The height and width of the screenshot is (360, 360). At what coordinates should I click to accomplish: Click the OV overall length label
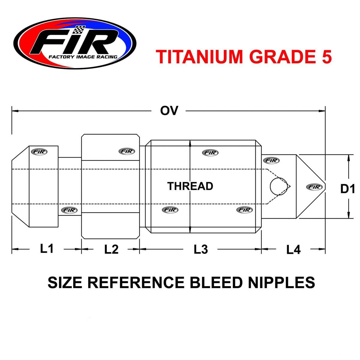169,111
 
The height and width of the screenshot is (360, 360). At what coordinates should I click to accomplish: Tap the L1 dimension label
47,248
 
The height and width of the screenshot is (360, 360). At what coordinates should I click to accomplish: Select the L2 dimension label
111,249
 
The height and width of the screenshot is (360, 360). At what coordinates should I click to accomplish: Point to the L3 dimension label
201,249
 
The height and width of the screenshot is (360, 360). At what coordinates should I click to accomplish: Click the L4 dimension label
293,249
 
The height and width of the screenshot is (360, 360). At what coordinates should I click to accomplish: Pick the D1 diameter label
347,189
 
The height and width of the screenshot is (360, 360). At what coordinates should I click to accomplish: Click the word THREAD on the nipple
190,186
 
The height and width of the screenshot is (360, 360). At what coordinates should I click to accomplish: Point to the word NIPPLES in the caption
281,282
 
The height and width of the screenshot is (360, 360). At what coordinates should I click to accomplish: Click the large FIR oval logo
75,43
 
